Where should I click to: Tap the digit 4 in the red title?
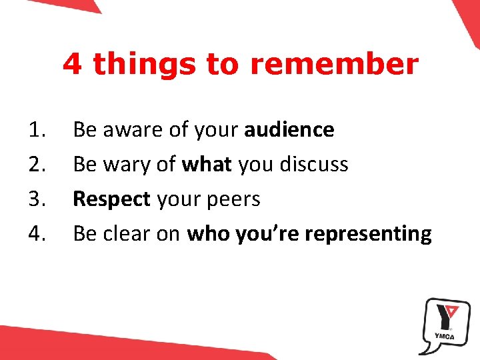73,65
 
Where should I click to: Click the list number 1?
39,129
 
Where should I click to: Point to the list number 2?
39,164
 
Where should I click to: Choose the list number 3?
39,199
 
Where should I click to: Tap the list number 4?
39,233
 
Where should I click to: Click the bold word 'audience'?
289,129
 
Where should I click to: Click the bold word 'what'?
207,164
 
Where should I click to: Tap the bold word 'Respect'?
111,199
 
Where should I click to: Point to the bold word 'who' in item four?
208,233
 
